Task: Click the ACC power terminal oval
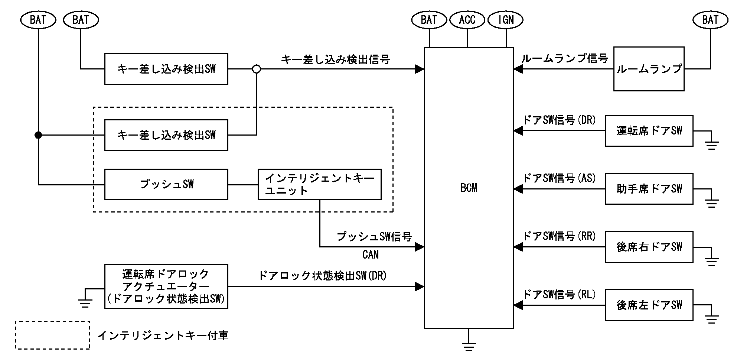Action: (x=467, y=20)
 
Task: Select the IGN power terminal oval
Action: (x=506, y=20)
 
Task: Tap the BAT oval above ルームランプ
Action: (x=710, y=20)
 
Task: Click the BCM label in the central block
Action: (x=469, y=188)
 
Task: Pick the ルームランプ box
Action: (x=649, y=69)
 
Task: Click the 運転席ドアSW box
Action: (x=649, y=131)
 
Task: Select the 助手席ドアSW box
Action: (x=649, y=189)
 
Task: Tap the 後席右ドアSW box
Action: (x=649, y=247)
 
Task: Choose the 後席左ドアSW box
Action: (x=649, y=305)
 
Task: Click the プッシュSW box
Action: (x=166, y=185)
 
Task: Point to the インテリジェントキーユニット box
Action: (x=319, y=185)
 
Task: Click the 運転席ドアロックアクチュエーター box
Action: (x=166, y=286)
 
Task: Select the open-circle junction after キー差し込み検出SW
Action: (x=256, y=69)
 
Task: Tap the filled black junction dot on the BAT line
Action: (x=38, y=135)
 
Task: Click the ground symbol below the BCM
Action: (x=469, y=346)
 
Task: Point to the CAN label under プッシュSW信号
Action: (x=370, y=255)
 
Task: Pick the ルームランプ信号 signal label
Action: (x=564, y=59)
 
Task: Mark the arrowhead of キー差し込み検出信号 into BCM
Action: (x=420, y=69)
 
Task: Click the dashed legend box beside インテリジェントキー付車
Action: (x=52, y=335)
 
